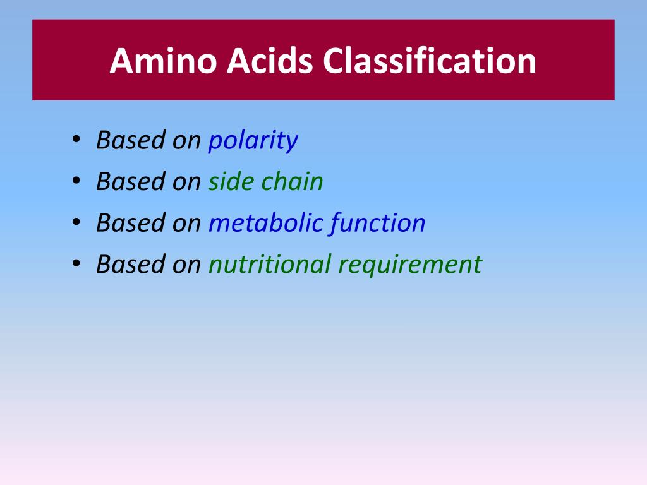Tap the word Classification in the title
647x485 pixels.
coord(429,61)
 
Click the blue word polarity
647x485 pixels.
coord(253,141)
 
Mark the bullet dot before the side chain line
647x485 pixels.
coord(76,182)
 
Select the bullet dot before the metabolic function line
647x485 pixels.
coord(76,223)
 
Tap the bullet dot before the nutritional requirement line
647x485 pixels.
coord(76,264)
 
